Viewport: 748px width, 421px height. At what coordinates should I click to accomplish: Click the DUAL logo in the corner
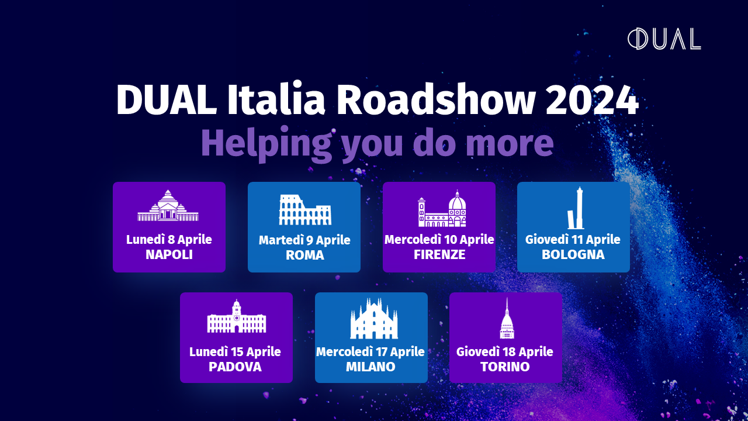(664, 39)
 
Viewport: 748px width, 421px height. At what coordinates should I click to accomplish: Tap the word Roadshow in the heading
(436, 99)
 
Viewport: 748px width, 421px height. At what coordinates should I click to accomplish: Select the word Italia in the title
(276, 99)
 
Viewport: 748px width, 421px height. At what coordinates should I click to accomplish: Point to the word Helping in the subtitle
(266, 144)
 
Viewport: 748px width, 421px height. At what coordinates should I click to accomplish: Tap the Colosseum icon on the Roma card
(305, 210)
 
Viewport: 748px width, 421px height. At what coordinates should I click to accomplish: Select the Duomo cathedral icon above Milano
(374, 319)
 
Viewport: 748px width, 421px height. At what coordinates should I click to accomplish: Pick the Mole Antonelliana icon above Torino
(507, 319)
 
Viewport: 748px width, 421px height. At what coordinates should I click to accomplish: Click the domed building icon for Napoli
(168, 206)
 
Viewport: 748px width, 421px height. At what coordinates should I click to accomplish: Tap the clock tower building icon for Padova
(237, 316)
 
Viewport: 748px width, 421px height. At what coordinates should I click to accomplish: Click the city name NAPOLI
(169, 254)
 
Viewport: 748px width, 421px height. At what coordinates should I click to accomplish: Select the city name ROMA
(305, 256)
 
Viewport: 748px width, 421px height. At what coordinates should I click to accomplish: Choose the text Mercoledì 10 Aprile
(439, 240)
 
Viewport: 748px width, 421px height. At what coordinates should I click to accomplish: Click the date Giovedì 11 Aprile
(573, 240)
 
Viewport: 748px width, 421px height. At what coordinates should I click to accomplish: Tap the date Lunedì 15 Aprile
(235, 352)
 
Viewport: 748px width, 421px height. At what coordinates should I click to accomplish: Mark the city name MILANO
(370, 367)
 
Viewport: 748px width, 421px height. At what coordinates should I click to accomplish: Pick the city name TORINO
(505, 367)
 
